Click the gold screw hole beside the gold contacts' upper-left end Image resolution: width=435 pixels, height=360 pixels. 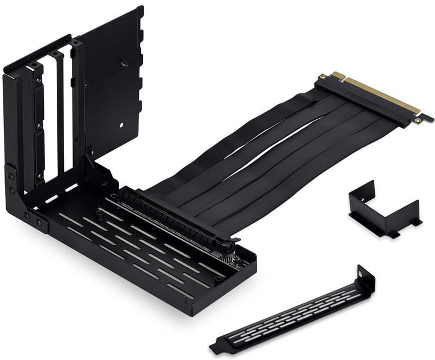click(x=322, y=75)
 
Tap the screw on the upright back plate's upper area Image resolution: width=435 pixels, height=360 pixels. click(x=125, y=64)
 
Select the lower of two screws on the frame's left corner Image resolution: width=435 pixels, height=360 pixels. click(x=11, y=190)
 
